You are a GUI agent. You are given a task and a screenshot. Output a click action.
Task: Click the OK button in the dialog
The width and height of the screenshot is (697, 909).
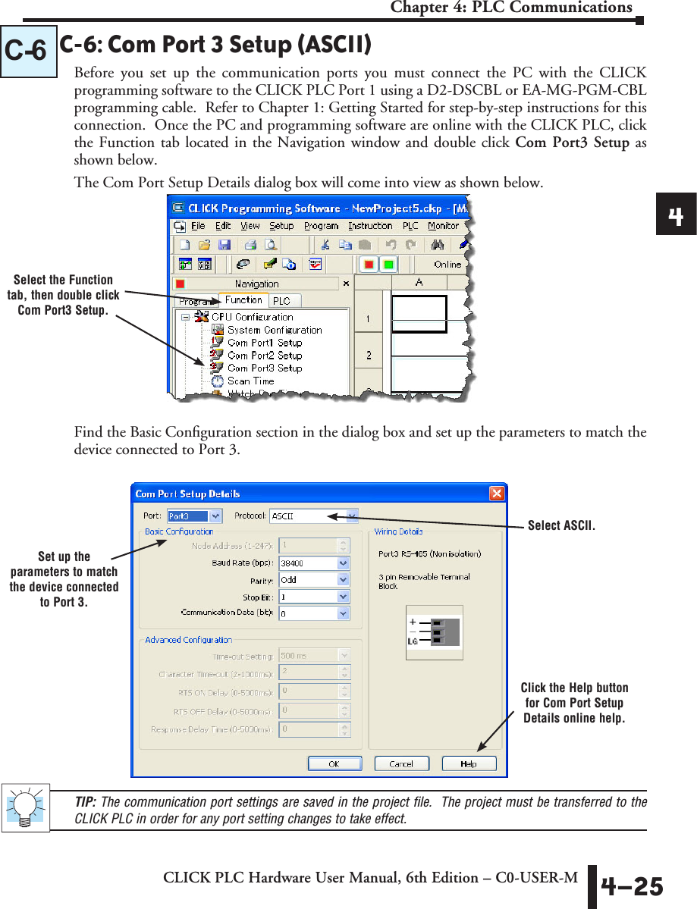point(333,763)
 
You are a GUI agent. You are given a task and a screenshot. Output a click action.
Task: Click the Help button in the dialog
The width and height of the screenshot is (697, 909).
point(469,763)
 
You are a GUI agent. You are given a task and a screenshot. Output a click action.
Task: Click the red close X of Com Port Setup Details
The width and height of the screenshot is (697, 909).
point(496,494)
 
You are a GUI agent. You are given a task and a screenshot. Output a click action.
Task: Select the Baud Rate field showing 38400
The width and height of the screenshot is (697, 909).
point(314,563)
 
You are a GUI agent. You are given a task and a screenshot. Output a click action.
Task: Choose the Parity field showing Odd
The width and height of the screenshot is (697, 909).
point(314,579)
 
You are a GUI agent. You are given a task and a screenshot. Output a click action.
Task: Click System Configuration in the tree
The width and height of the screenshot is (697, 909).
point(274,330)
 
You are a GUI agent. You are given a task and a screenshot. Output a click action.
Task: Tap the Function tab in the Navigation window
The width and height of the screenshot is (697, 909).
point(243,299)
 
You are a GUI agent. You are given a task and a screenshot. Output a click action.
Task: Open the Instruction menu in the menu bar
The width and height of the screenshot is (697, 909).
point(370,226)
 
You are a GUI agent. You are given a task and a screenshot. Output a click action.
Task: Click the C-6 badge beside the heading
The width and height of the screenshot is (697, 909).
point(28,52)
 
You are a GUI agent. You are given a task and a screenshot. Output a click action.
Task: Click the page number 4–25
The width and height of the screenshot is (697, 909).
point(632,886)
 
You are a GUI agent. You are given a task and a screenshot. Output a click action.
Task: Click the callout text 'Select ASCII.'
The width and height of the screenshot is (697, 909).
point(561,525)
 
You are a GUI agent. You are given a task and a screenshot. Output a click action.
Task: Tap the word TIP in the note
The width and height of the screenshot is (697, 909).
point(84,802)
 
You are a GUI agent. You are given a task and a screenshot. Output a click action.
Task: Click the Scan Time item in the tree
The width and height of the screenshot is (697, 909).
point(250,381)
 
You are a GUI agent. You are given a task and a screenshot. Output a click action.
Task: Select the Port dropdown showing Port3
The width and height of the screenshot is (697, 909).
point(194,516)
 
